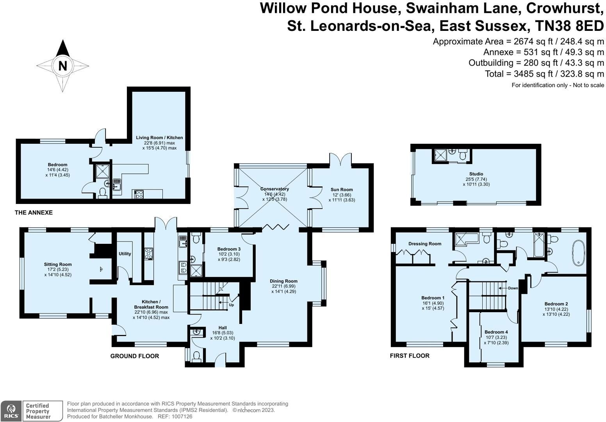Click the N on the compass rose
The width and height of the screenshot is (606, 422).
tap(63, 66)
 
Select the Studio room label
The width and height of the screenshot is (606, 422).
tap(476, 174)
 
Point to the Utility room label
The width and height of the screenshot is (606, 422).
tap(125, 254)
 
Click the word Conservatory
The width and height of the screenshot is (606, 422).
tap(274, 189)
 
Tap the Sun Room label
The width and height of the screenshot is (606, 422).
tap(342, 190)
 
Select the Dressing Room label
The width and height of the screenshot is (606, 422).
tap(425, 243)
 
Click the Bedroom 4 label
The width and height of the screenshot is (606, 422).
tap(496, 332)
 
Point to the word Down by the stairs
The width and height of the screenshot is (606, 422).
tap(513, 288)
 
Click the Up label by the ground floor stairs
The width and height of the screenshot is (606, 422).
tap(231, 305)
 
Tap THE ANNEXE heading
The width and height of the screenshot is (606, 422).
tap(34, 213)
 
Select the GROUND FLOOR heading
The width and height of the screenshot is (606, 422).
tap(135, 356)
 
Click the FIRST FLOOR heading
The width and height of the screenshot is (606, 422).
tap(410, 356)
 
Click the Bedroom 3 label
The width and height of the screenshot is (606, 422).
tap(229, 249)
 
